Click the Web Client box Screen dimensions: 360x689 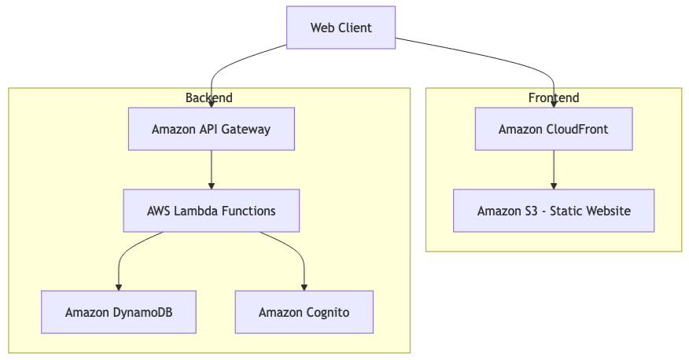click(x=341, y=28)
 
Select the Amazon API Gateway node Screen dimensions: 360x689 click(x=211, y=129)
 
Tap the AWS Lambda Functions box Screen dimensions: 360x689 click(x=211, y=211)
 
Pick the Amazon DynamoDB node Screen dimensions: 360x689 click(x=119, y=312)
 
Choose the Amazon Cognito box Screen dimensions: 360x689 click(x=304, y=312)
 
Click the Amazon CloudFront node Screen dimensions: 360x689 click(x=553, y=129)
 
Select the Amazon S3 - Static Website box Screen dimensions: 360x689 click(x=553, y=211)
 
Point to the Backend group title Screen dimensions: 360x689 click(x=208, y=97)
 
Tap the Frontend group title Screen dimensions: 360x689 click(x=553, y=97)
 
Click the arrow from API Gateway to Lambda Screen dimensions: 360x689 click(x=211, y=168)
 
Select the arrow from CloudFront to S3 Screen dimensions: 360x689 click(x=553, y=168)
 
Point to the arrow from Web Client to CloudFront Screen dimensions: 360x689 click(x=503, y=63)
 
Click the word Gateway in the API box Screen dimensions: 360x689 click(x=245, y=129)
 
